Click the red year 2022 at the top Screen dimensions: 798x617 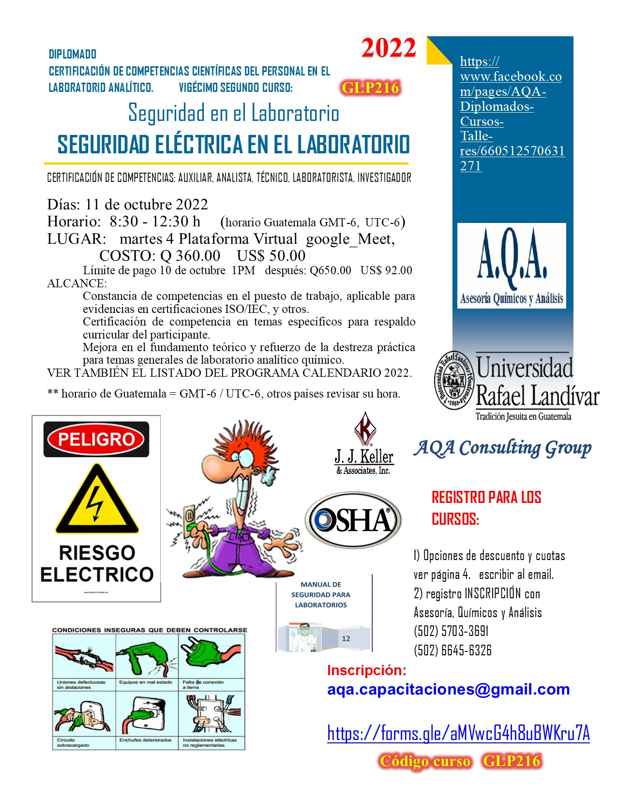389,48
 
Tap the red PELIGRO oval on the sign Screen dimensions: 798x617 96,439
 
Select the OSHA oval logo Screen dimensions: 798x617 353,520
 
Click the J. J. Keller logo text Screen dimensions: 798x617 364,457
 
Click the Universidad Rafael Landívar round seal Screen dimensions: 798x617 453,381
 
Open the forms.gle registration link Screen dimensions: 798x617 458,733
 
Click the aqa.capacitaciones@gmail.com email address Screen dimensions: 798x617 448,689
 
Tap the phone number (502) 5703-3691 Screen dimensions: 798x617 451,631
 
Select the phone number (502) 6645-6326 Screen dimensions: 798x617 452,650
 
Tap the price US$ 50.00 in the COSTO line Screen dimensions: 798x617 271,255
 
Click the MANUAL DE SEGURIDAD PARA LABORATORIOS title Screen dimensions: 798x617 321,595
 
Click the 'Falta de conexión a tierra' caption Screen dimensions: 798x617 203,684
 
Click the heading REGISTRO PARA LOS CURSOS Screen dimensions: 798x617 486,508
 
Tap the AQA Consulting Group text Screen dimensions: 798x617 502,448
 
